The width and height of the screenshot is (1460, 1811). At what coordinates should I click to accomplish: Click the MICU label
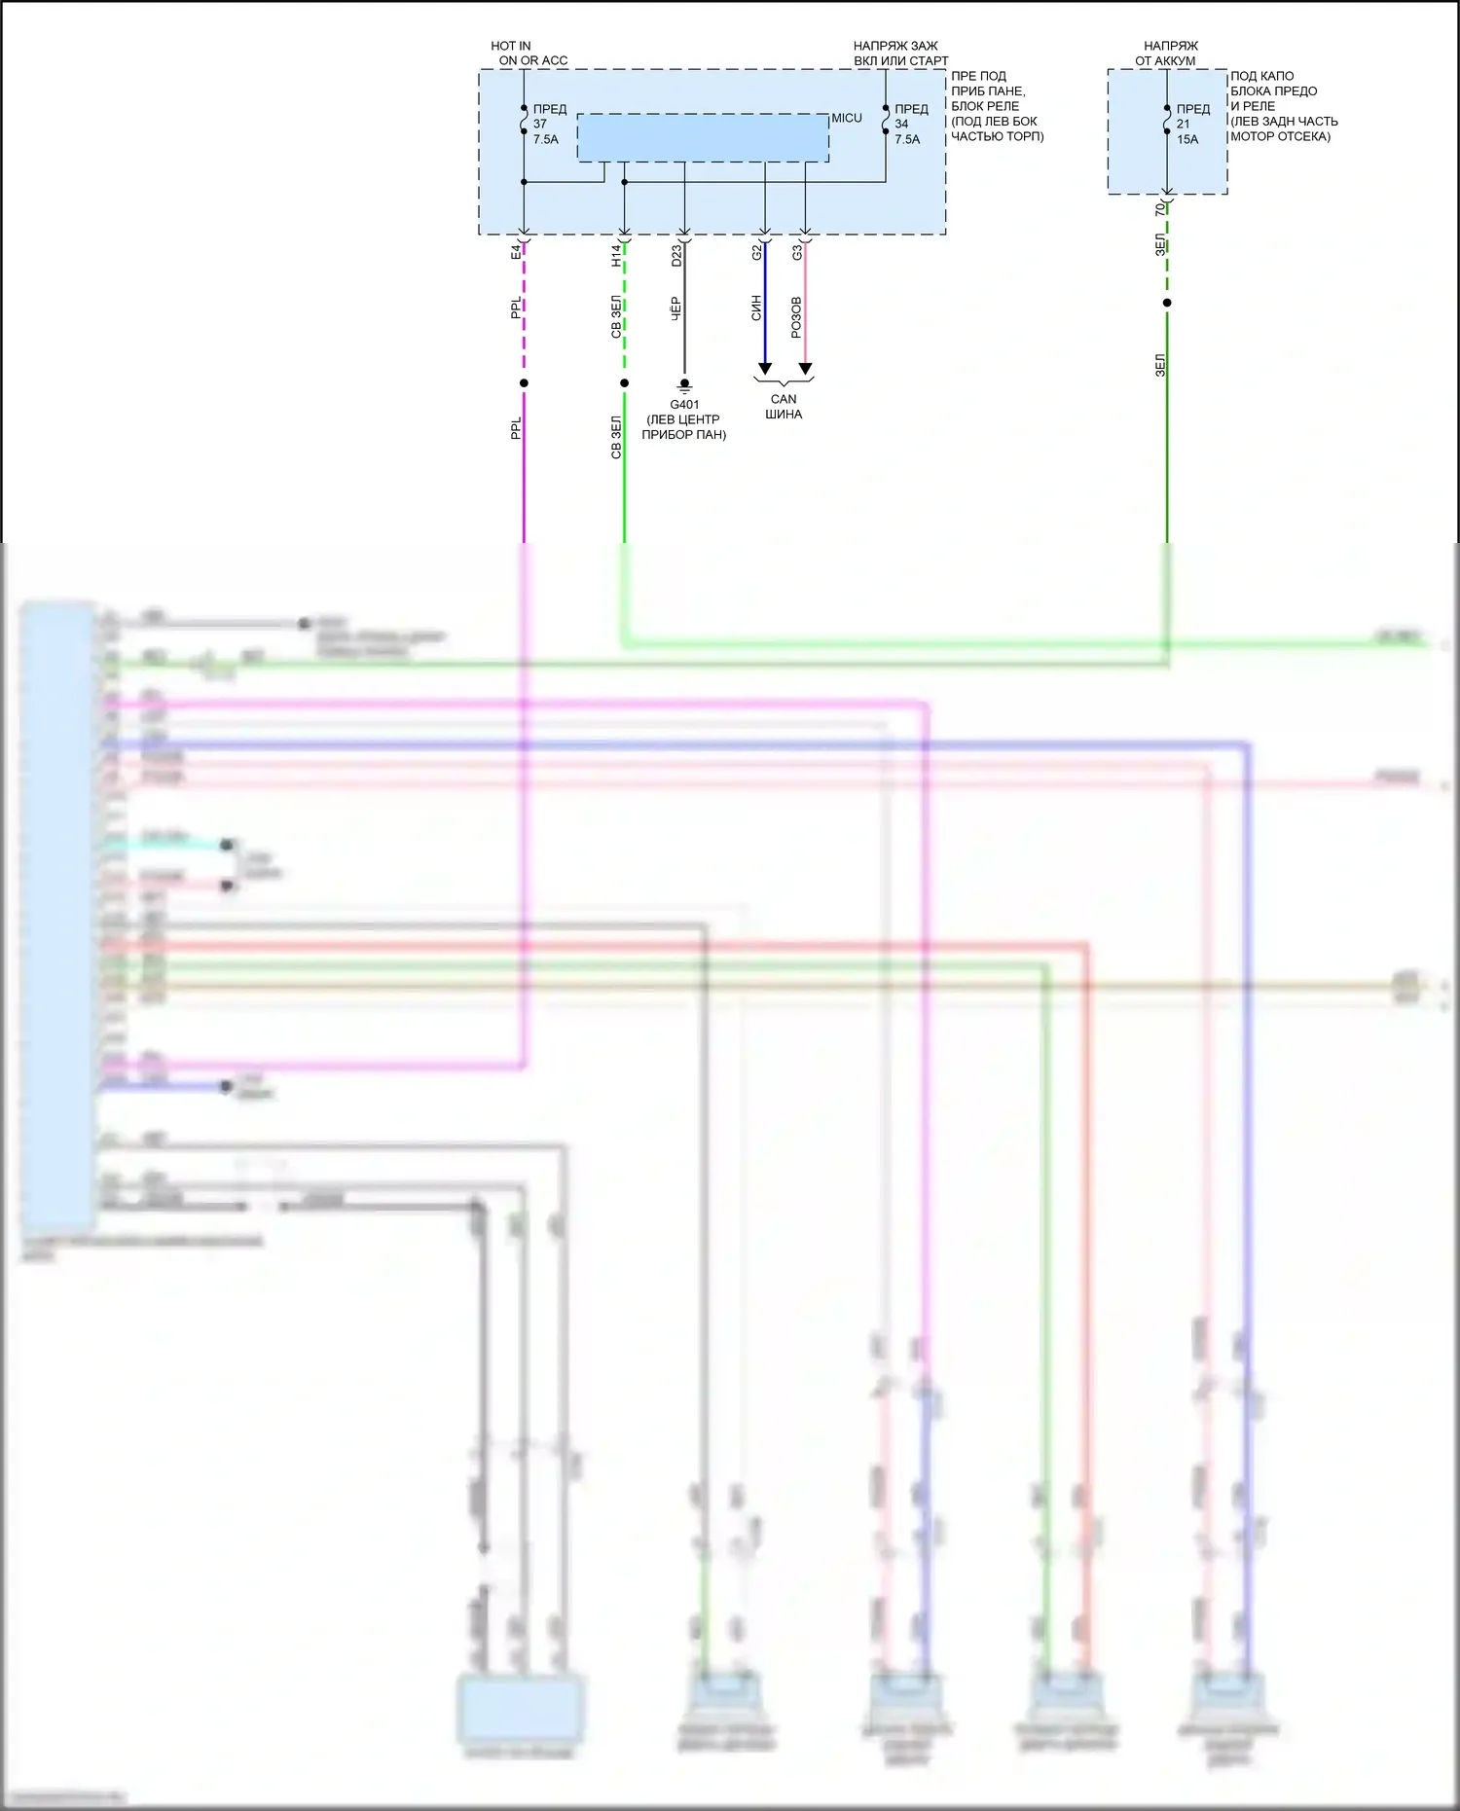(846, 119)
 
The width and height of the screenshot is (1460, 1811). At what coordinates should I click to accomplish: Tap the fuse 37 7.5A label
(546, 125)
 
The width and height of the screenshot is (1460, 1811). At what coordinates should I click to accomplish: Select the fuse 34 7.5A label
(908, 125)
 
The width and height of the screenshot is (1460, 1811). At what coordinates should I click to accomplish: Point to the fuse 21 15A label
(1190, 125)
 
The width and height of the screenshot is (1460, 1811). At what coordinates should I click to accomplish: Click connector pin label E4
(516, 253)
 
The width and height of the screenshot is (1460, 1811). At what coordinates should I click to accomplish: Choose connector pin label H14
(616, 255)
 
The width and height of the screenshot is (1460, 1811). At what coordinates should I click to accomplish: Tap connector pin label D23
(676, 255)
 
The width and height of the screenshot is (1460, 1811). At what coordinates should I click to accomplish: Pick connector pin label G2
(756, 253)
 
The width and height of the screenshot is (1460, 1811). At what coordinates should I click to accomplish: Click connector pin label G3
(797, 253)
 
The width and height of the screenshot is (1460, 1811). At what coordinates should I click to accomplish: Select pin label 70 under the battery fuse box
(1159, 210)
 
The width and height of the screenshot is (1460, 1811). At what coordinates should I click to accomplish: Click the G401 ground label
(684, 405)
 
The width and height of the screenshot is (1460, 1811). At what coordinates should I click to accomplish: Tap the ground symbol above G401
(684, 386)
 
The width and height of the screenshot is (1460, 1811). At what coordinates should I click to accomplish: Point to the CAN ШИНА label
(784, 406)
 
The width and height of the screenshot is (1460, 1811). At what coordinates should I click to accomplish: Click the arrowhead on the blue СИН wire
(765, 369)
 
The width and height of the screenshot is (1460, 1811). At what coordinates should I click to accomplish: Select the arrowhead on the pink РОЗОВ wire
(806, 369)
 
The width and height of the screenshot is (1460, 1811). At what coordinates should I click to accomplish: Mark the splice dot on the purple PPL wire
(524, 383)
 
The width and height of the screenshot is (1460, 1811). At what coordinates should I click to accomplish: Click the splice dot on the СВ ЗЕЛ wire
(624, 383)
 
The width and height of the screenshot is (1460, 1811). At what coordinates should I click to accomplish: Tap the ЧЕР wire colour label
(675, 308)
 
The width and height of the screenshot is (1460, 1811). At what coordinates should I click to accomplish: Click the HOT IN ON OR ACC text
(529, 53)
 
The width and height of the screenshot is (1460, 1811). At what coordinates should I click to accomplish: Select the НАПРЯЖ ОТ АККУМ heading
(1168, 53)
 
